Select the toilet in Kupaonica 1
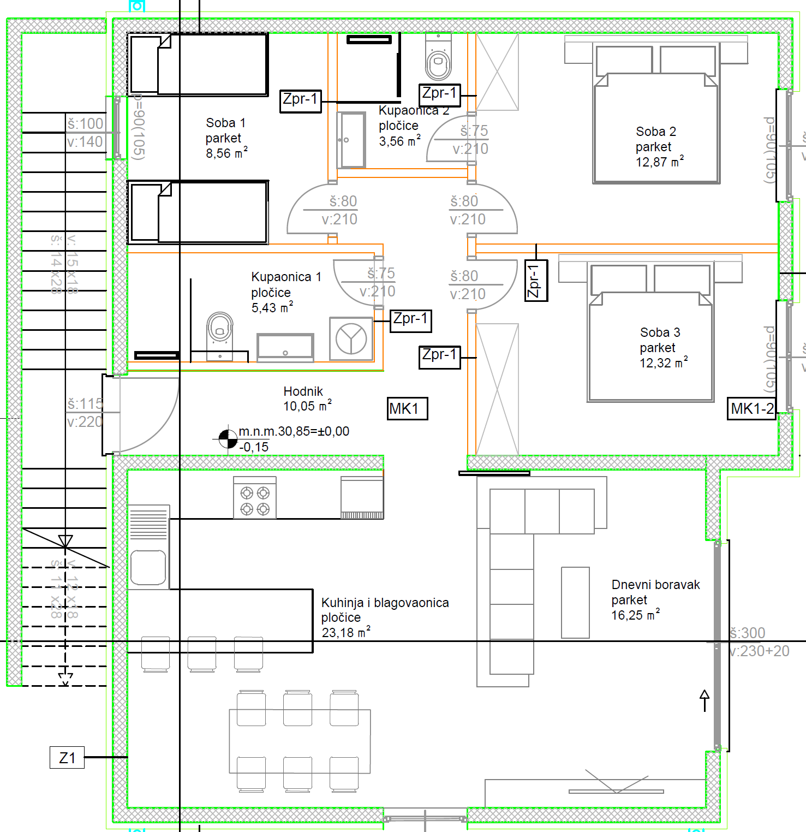tap(220, 332)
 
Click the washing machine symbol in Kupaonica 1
tap(351, 338)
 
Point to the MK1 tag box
tap(407, 408)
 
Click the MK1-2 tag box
tap(752, 408)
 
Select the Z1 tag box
tap(67, 758)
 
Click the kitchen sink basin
tap(148, 567)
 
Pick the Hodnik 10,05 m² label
tap(307, 399)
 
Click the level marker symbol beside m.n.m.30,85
tap(228, 438)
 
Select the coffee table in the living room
tap(575, 602)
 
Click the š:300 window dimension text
tap(747, 633)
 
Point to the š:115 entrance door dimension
tap(85, 404)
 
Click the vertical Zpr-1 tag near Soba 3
tap(536, 281)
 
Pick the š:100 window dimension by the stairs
tap(85, 124)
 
